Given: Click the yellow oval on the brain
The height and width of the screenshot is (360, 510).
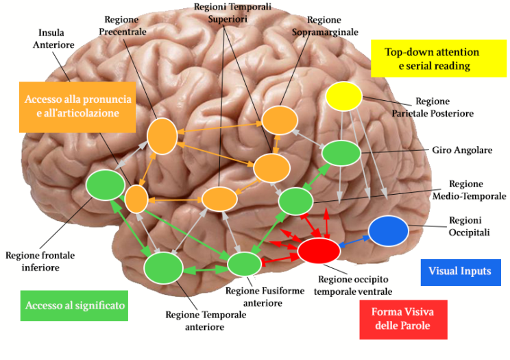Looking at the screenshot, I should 344,97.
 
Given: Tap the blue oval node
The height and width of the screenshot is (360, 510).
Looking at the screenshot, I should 389,230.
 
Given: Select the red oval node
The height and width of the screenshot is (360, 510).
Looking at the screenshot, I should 319,250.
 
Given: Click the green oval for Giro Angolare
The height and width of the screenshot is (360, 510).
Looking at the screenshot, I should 341,153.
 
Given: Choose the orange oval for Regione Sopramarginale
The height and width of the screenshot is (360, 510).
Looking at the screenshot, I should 280,121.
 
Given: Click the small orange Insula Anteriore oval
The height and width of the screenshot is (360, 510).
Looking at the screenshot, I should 136,199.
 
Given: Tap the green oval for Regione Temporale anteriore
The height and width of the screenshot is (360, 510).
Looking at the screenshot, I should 163,267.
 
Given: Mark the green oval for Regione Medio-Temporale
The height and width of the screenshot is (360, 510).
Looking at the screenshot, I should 295,201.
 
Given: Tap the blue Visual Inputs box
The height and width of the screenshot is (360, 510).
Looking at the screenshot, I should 460,271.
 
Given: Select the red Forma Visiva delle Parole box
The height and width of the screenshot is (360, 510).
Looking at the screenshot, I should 402,320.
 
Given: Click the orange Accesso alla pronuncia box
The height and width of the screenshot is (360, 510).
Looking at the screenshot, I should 77,106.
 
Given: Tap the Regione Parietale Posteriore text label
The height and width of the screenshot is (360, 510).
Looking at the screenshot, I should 439,107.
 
